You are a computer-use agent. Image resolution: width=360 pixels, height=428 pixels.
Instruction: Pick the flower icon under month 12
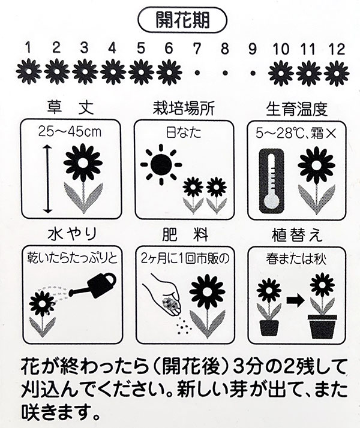click(x=336, y=73)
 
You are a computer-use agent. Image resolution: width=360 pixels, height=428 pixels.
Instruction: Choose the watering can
click(x=95, y=287)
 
